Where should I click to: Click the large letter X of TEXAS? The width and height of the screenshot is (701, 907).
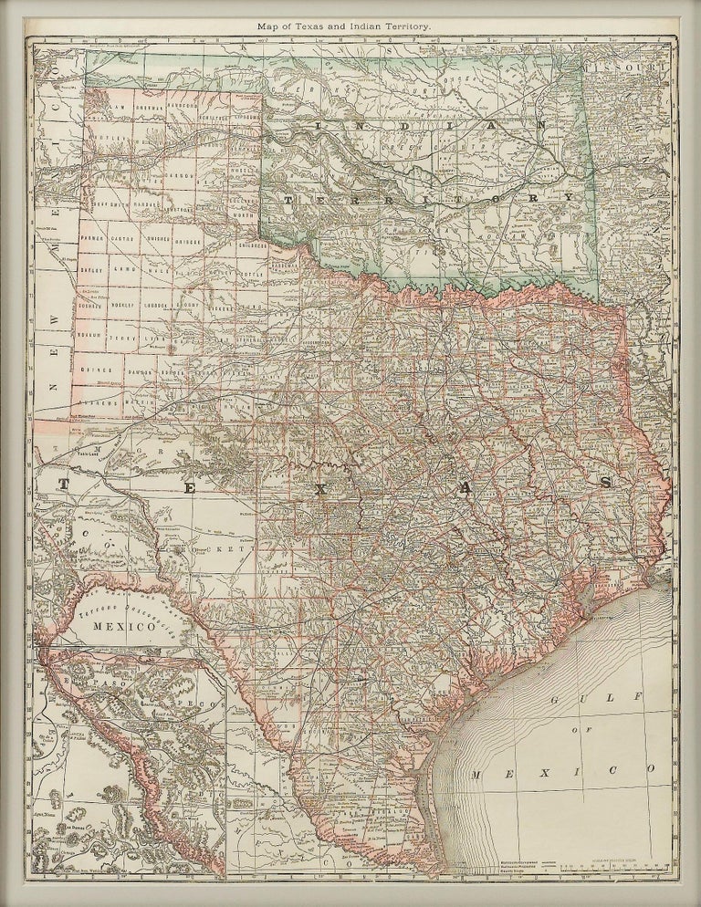click(320, 490)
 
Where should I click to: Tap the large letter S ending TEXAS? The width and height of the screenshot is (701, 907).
click(603, 481)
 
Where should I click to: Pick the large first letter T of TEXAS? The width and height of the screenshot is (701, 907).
click(65, 481)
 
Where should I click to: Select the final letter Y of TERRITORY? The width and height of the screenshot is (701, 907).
click(569, 197)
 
